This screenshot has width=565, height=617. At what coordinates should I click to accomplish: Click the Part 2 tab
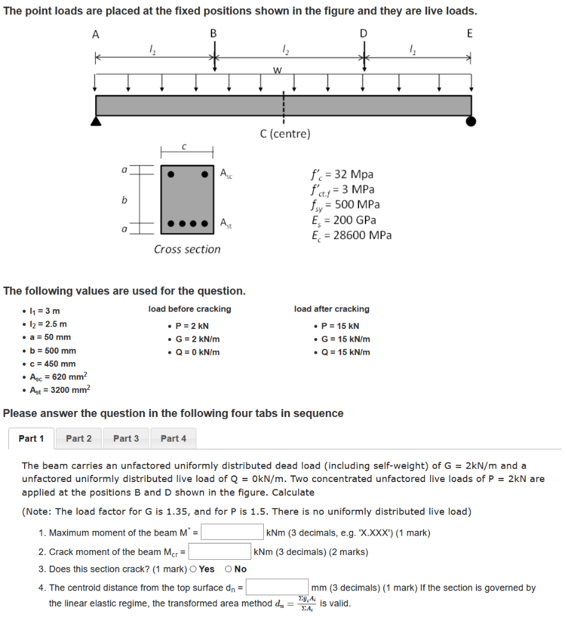click(79, 439)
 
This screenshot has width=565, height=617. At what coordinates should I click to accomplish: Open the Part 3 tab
click(126, 439)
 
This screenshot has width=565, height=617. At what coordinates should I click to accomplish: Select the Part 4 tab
click(173, 439)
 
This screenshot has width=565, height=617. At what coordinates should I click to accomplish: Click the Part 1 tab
click(31, 439)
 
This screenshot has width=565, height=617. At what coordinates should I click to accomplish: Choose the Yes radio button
click(193, 569)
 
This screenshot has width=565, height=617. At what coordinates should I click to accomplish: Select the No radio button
click(229, 569)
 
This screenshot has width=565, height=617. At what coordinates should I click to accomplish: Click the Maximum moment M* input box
click(232, 532)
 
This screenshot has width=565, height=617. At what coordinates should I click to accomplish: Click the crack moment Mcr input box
click(219, 551)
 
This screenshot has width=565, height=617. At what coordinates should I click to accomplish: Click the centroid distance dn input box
click(277, 587)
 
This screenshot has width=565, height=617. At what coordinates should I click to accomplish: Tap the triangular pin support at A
click(96, 121)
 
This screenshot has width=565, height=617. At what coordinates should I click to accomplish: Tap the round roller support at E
click(471, 122)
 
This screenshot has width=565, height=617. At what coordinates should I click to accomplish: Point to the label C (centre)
click(285, 134)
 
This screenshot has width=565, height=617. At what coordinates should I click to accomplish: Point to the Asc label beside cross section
click(226, 174)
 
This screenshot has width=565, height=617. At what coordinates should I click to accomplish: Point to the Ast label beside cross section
click(226, 224)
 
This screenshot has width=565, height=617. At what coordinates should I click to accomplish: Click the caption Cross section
click(187, 249)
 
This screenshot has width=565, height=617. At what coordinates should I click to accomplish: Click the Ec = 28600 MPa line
click(350, 235)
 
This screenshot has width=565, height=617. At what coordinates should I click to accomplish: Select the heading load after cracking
click(331, 309)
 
